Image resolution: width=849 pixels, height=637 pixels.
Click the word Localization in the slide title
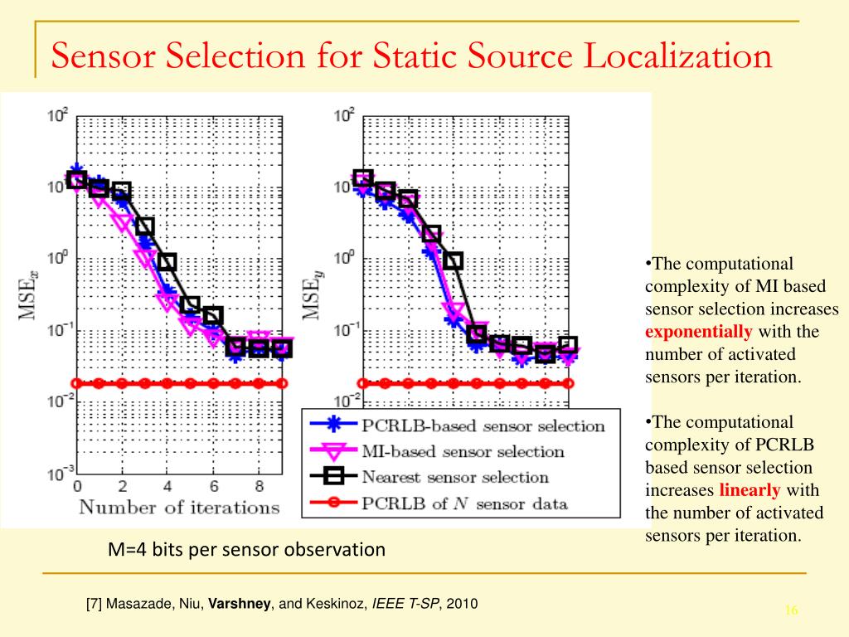678,56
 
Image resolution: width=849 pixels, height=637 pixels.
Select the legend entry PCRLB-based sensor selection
483,426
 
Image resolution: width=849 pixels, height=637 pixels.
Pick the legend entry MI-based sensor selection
463,452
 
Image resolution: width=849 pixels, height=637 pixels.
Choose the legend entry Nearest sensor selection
455,477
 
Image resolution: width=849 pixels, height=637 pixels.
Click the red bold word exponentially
699,333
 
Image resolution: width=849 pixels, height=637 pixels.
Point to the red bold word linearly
750,489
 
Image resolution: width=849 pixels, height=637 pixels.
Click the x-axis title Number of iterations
179,507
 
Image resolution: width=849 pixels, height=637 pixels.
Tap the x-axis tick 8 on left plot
259,486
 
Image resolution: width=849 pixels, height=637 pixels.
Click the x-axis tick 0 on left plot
77,486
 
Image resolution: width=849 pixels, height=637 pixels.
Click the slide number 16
790,610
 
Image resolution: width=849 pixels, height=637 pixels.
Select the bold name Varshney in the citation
240,604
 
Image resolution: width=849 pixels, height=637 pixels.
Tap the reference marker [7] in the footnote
95,604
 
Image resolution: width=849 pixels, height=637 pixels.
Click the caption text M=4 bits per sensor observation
247,549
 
